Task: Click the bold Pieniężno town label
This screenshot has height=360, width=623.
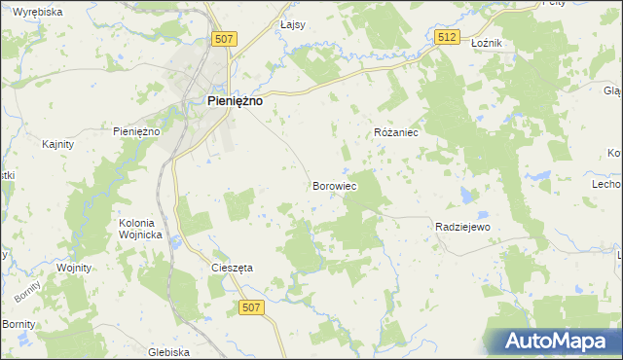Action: [236, 99]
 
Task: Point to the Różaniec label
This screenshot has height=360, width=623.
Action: [396, 131]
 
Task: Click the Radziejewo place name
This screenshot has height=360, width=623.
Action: [461, 227]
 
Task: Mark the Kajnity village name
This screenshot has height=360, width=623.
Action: [59, 144]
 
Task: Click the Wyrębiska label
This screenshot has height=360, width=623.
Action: [38, 12]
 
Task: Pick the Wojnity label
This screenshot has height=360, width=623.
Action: [73, 268]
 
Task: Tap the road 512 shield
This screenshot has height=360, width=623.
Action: [447, 37]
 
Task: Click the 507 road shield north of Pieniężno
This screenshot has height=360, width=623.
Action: [225, 38]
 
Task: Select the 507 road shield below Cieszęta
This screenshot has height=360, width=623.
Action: [251, 306]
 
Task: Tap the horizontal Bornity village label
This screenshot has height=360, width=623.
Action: [18, 323]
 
